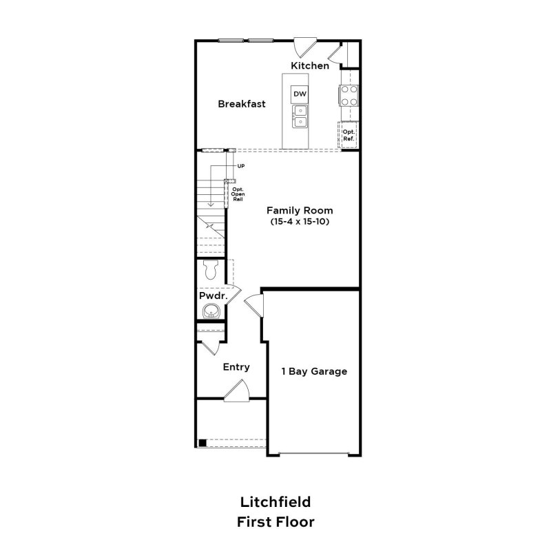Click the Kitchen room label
(x=309, y=65)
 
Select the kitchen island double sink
(x=300, y=116)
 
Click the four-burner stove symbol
(x=349, y=95)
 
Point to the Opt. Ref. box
(x=349, y=134)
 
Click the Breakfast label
(x=242, y=104)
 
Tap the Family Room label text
(x=300, y=210)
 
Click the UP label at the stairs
(x=241, y=166)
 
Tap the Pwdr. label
(x=213, y=295)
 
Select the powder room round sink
(x=211, y=313)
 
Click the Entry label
(x=236, y=367)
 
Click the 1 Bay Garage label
(x=313, y=371)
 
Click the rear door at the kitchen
(x=303, y=47)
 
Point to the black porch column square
(x=202, y=443)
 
